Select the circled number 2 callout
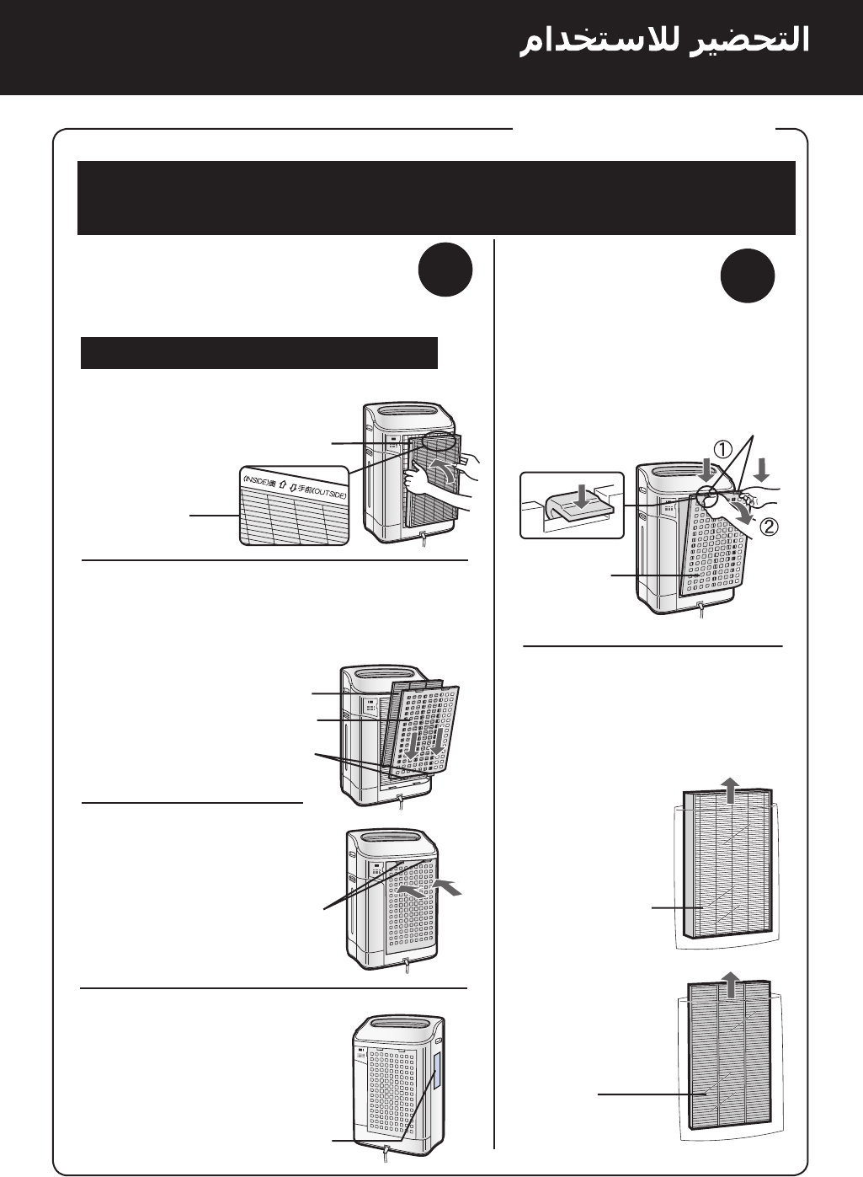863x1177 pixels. point(767,527)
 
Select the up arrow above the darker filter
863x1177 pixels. point(731,983)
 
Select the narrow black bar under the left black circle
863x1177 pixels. point(259,353)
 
